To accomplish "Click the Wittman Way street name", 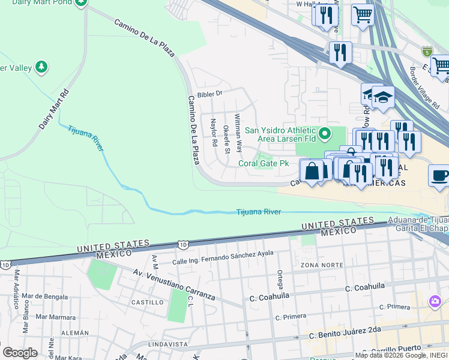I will [238, 132].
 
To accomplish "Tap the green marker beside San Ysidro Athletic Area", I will [325, 133].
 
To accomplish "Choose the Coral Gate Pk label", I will [264, 163].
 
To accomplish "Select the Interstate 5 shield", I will [427, 52].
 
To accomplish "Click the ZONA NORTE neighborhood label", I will [318, 265].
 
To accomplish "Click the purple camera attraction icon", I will [434, 301].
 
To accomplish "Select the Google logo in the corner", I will [20, 352].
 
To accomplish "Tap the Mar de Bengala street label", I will [44, 296].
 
